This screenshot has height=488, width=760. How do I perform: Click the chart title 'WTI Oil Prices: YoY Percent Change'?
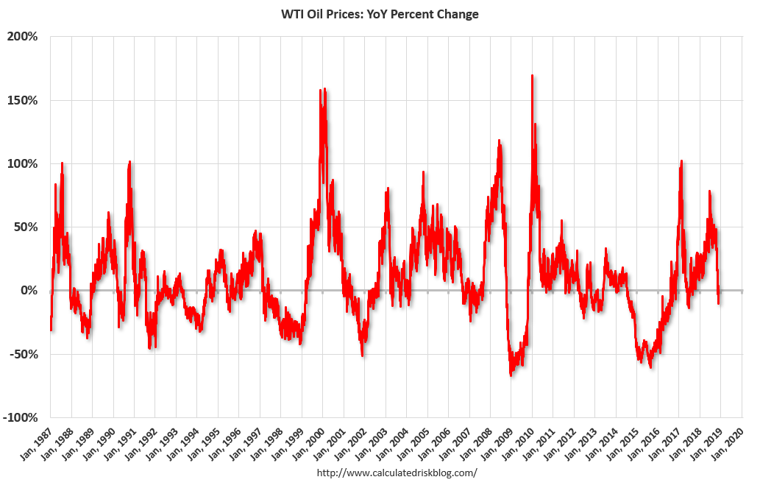[380, 15]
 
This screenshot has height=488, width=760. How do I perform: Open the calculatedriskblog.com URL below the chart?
[396, 473]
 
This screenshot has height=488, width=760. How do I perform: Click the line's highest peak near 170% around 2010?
[532, 75]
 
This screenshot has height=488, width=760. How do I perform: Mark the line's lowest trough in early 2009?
[511, 375]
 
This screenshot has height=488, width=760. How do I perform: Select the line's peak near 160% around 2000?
[324, 90]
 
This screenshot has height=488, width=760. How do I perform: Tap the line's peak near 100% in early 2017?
[681, 161]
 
